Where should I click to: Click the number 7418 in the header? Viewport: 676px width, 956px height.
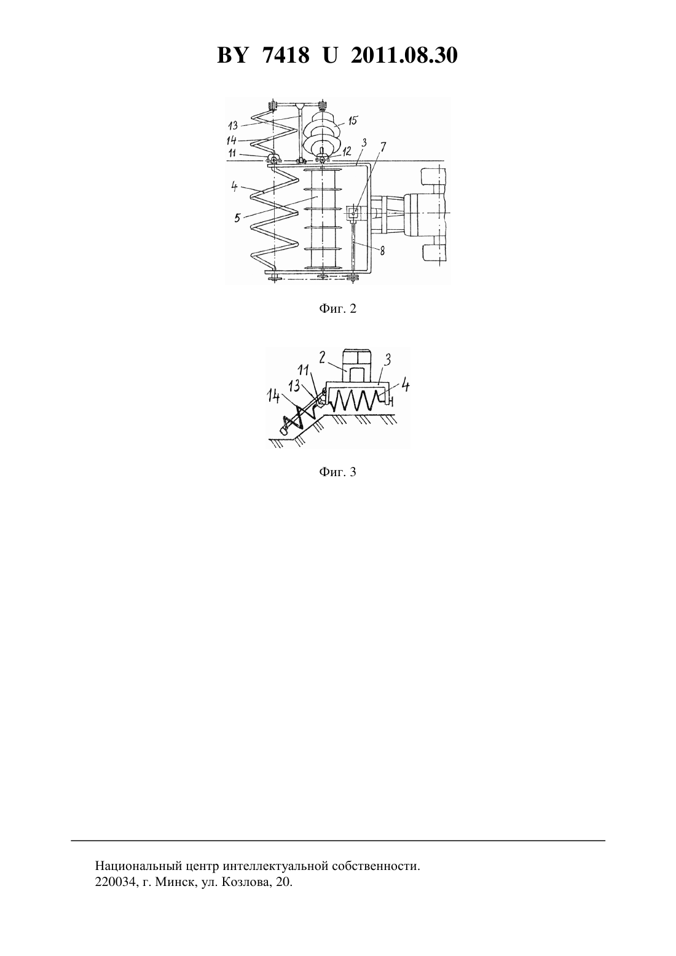(x=286, y=55)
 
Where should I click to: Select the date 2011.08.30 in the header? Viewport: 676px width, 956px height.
(x=404, y=55)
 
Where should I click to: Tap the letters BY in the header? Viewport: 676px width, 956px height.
(x=232, y=55)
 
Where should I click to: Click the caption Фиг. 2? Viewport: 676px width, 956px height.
(x=337, y=308)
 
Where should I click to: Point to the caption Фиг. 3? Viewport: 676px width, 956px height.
(x=337, y=472)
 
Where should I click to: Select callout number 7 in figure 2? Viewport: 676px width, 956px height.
(x=382, y=148)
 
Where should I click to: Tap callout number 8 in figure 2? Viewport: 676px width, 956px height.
(x=382, y=251)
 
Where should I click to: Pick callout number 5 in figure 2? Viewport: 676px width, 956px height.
(x=237, y=218)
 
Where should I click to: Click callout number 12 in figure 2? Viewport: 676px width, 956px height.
(x=347, y=151)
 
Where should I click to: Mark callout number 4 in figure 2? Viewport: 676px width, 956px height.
(x=235, y=187)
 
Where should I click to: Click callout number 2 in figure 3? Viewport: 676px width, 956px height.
(x=321, y=357)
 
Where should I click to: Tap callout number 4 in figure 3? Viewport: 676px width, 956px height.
(x=405, y=386)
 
